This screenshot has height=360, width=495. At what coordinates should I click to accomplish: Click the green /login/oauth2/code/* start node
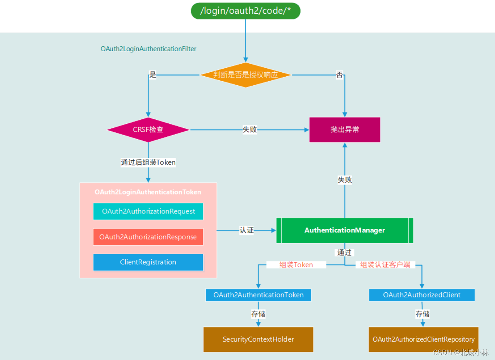click(x=245, y=11)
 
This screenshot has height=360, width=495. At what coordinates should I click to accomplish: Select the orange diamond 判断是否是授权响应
click(x=245, y=75)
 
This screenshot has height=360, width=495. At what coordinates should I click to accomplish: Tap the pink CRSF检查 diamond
click(x=148, y=130)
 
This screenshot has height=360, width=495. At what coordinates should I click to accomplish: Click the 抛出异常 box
click(x=344, y=130)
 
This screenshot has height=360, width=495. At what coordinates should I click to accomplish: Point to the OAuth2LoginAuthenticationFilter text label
click(x=148, y=49)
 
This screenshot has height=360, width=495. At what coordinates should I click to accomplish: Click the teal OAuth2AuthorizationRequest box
click(x=148, y=211)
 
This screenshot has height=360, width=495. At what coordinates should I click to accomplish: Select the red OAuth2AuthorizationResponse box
click(x=148, y=237)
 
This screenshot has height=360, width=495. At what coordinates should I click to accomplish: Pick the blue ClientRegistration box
click(x=148, y=262)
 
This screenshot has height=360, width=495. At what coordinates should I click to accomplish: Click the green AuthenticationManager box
click(x=344, y=230)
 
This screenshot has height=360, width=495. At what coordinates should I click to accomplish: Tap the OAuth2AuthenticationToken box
click(x=258, y=295)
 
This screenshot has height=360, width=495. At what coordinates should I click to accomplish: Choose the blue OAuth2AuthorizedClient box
click(x=422, y=295)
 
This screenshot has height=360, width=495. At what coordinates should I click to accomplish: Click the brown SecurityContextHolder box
click(x=258, y=339)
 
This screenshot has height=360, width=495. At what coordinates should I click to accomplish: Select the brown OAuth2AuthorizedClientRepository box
click(x=423, y=339)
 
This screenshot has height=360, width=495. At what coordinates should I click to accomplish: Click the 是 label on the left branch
click(x=153, y=75)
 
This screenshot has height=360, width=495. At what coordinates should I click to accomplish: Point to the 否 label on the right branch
click(x=339, y=75)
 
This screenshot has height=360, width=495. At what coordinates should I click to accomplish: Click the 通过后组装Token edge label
click(x=148, y=162)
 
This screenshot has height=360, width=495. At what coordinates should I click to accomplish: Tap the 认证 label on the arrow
click(x=246, y=230)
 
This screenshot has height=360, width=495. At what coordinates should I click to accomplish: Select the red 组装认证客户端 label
click(x=385, y=265)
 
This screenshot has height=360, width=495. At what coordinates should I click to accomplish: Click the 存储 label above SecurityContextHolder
click(x=258, y=314)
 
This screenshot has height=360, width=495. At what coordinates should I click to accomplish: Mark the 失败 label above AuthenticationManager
click(x=345, y=180)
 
